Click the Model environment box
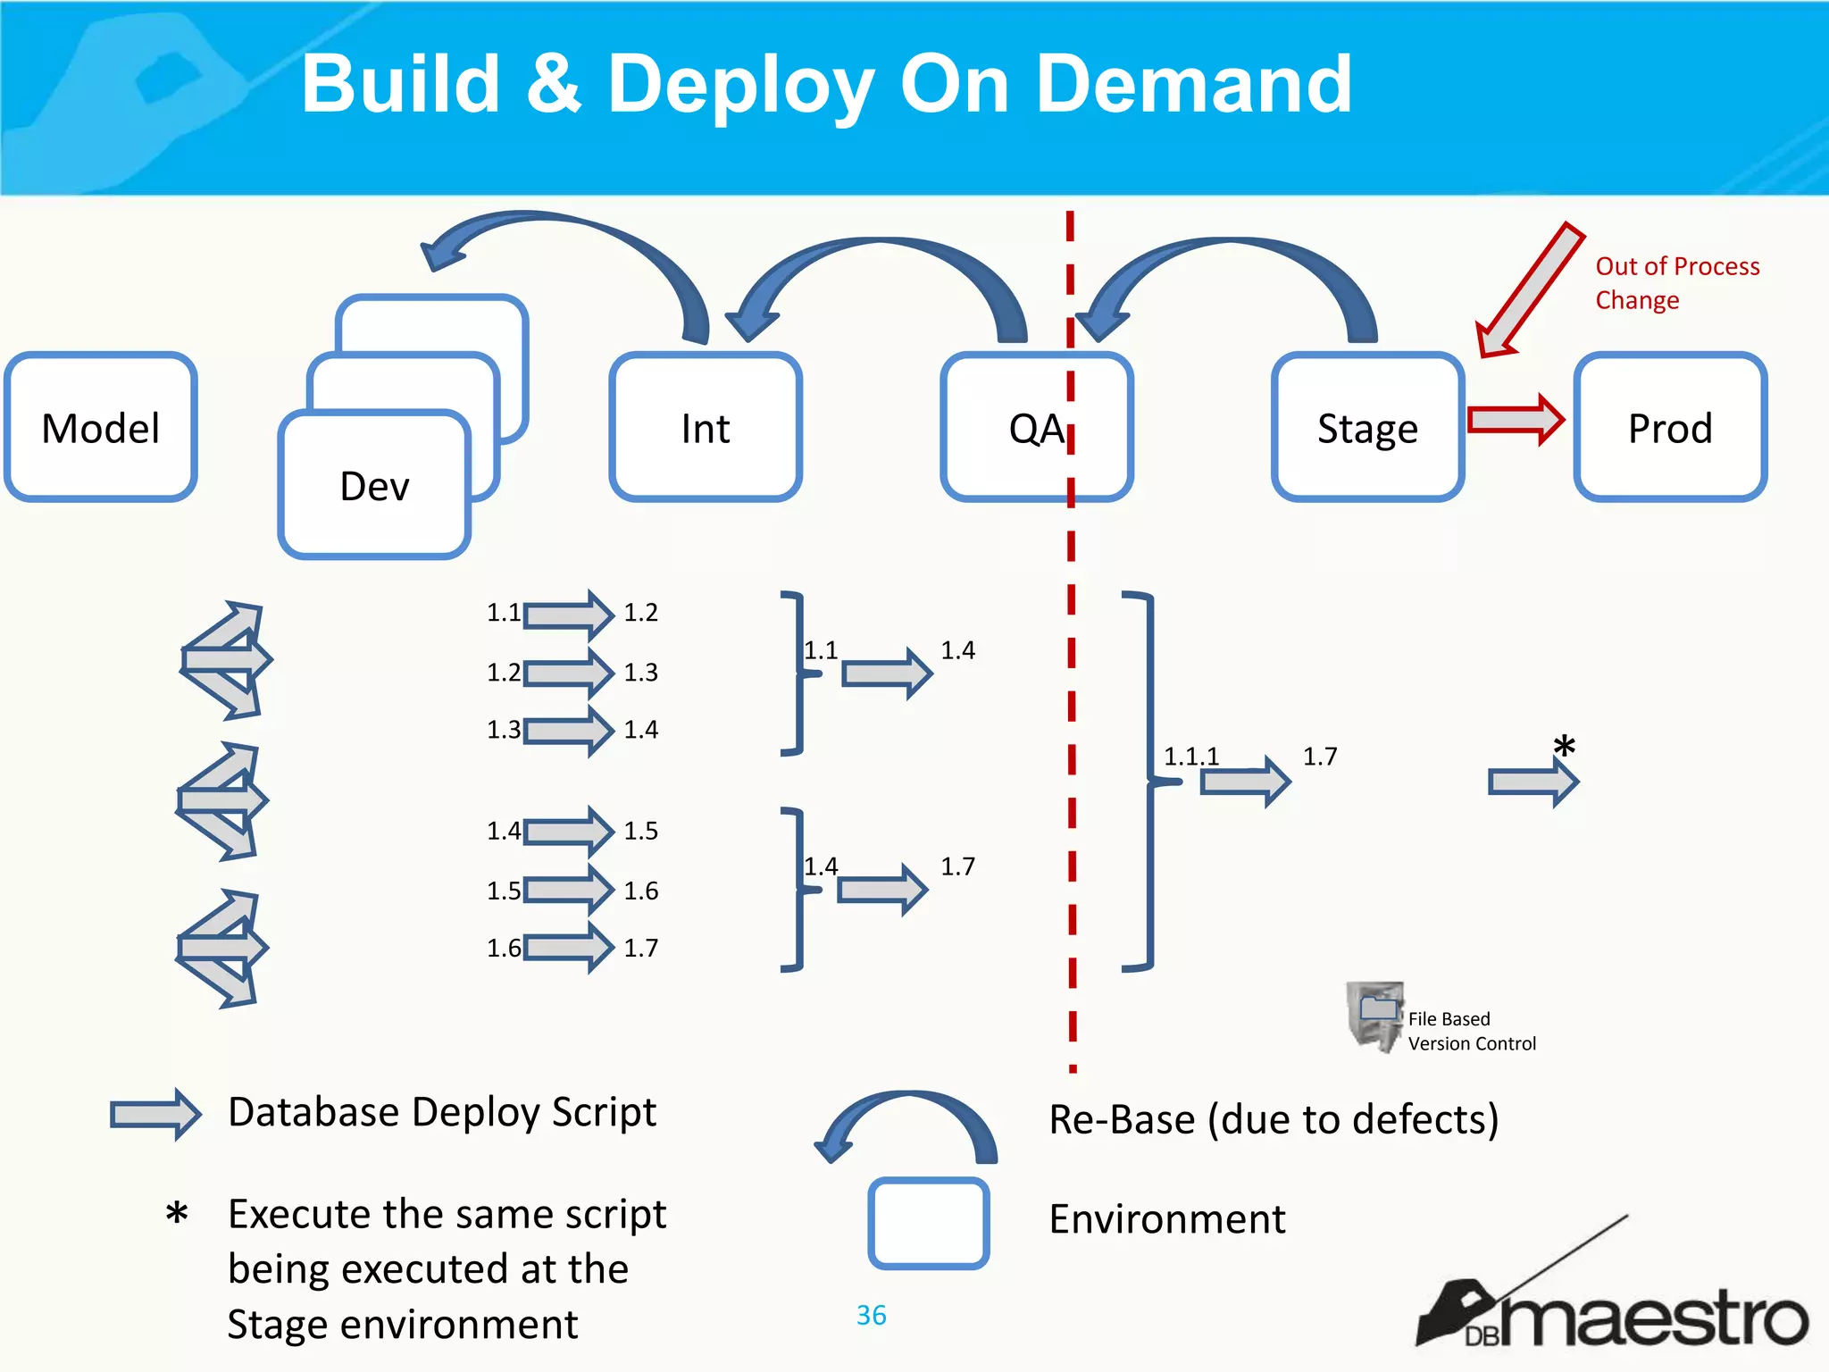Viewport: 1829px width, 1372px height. pos(101,427)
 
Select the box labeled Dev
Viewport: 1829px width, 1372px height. pos(374,485)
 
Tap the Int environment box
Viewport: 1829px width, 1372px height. pos(706,427)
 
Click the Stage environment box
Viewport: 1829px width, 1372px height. pos(1367,427)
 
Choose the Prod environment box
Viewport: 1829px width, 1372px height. pos(1670,427)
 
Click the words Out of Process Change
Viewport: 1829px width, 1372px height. pos(1676,282)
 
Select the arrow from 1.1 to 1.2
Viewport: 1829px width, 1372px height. pos(568,615)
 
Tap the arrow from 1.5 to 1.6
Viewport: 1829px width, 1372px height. pos(568,890)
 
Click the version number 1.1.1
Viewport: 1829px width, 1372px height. pos(1190,757)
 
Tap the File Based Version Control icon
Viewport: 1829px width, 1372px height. pos(1375,1016)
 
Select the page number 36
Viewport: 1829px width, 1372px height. pos(871,1315)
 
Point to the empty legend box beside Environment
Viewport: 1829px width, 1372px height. pos(928,1223)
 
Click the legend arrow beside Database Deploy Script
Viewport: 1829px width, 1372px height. pos(155,1114)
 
